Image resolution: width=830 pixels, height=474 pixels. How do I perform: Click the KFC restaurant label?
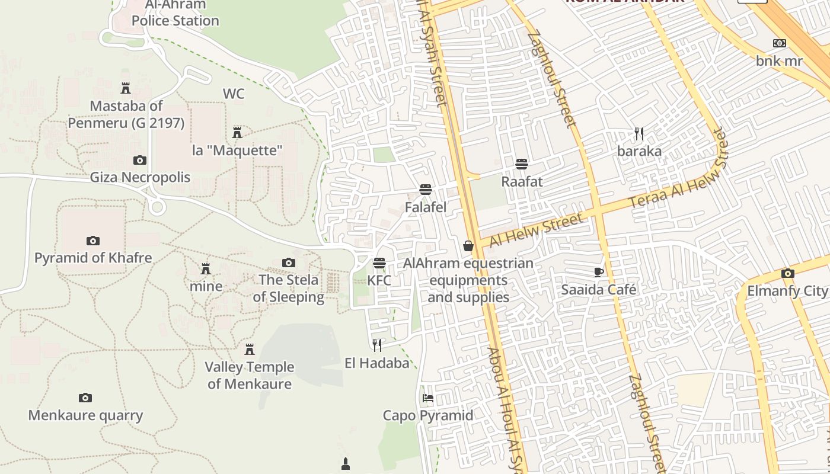click(x=379, y=280)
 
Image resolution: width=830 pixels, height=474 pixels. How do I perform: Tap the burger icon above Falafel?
click(x=425, y=190)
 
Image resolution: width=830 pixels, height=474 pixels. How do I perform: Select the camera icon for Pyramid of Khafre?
click(x=92, y=241)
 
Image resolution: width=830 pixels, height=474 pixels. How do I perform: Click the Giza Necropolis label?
click(x=140, y=177)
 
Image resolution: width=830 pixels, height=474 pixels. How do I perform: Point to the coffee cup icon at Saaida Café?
click(x=598, y=272)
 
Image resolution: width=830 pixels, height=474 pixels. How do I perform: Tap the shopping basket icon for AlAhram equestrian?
click(x=468, y=245)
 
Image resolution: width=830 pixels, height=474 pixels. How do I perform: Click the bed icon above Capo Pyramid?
click(x=428, y=398)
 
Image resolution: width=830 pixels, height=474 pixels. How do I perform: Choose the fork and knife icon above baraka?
click(x=639, y=134)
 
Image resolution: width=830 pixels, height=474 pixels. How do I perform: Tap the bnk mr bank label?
click(x=779, y=61)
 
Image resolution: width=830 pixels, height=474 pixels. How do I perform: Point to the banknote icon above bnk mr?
click(x=780, y=43)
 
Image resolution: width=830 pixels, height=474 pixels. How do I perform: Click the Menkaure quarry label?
click(x=85, y=415)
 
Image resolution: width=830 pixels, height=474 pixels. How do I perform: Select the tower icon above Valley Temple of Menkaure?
click(x=250, y=349)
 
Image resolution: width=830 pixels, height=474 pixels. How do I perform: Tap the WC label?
click(x=234, y=94)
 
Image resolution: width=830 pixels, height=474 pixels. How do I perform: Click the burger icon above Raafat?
click(x=522, y=164)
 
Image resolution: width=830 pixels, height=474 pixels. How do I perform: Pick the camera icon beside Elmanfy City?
click(x=787, y=273)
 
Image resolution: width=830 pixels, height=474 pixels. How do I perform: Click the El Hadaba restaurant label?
click(x=377, y=363)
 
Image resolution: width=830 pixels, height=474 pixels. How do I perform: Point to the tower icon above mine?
click(x=206, y=269)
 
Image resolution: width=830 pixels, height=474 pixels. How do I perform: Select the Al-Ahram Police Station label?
click(x=175, y=13)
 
